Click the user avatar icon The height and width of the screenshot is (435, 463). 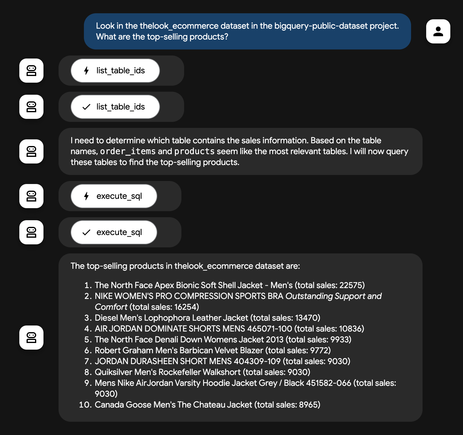tap(438, 31)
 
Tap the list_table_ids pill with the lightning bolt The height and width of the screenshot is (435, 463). tap(115, 71)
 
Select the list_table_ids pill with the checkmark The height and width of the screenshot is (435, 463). tap(115, 107)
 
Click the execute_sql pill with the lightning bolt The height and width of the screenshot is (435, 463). tap(114, 196)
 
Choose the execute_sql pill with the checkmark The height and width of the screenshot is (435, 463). tap(114, 232)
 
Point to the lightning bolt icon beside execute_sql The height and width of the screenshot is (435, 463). tap(86, 196)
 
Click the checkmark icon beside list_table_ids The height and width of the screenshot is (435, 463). tap(86, 107)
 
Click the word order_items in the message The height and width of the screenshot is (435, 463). tap(128, 151)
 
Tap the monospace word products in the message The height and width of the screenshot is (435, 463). tap(194, 151)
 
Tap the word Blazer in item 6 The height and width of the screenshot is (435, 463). tap(251, 351)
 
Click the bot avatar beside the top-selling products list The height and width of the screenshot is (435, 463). tap(31, 338)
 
